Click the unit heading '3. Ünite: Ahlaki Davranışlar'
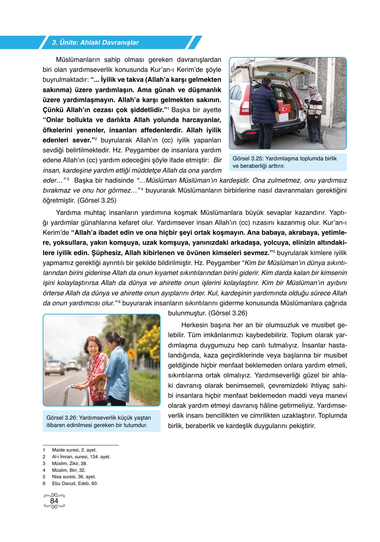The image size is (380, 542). (x=95, y=43)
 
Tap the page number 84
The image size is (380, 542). (x=54, y=501)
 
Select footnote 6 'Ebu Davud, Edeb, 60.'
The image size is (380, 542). (x=75, y=483)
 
